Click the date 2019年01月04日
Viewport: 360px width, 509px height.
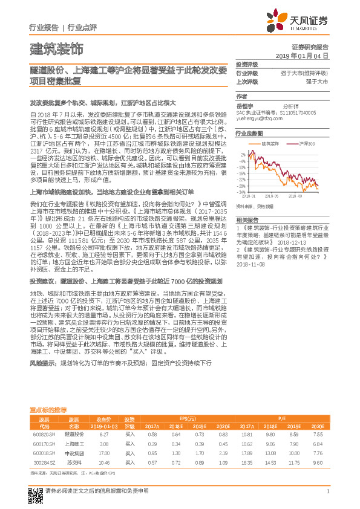(x=306, y=55)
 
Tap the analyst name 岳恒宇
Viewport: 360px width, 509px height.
(x=244, y=105)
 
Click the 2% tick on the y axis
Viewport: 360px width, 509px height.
(x=242, y=156)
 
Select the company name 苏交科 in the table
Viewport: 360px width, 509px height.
(x=74, y=462)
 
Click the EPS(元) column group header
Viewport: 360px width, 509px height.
(x=188, y=418)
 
